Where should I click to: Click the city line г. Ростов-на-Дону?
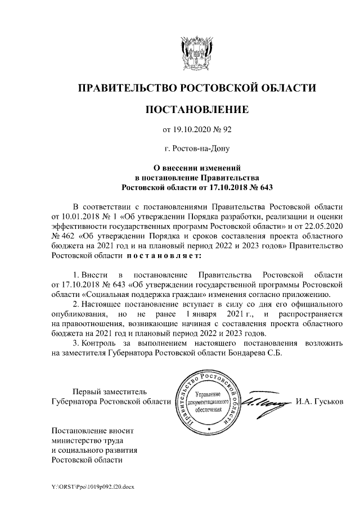pyautogui.click(x=197, y=149)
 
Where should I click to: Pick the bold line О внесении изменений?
pyautogui.click(x=197, y=167)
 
